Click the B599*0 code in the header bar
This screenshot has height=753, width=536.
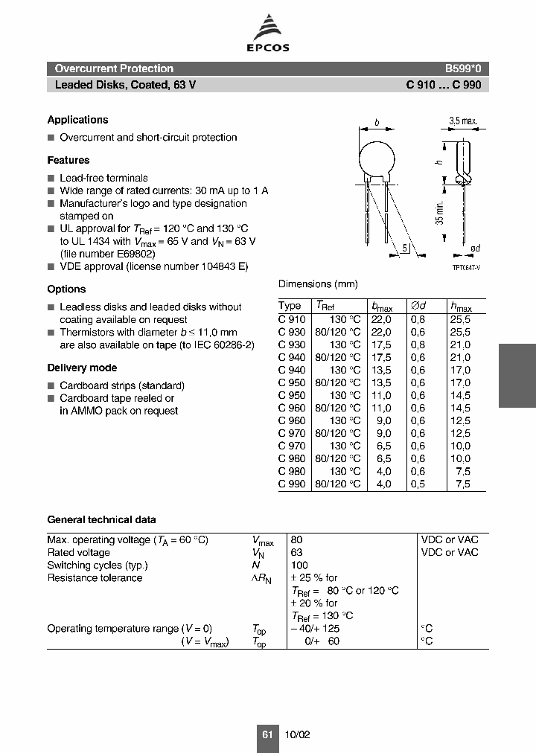click(463, 68)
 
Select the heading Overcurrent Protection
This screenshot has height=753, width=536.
click(114, 68)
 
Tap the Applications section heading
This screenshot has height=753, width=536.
click(77, 120)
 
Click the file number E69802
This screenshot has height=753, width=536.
click(136, 254)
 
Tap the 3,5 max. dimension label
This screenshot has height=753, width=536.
click(463, 121)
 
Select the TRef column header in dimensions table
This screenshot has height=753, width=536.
click(325, 306)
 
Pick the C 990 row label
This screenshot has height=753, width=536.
click(291, 484)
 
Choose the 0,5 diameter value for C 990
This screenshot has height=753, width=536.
click(418, 484)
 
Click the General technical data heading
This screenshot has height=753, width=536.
click(101, 520)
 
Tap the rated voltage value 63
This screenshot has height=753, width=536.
click(296, 552)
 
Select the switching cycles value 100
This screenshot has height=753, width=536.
click(299, 565)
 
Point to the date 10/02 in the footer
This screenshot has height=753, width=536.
click(297, 734)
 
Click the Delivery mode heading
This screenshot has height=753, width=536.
click(82, 368)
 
